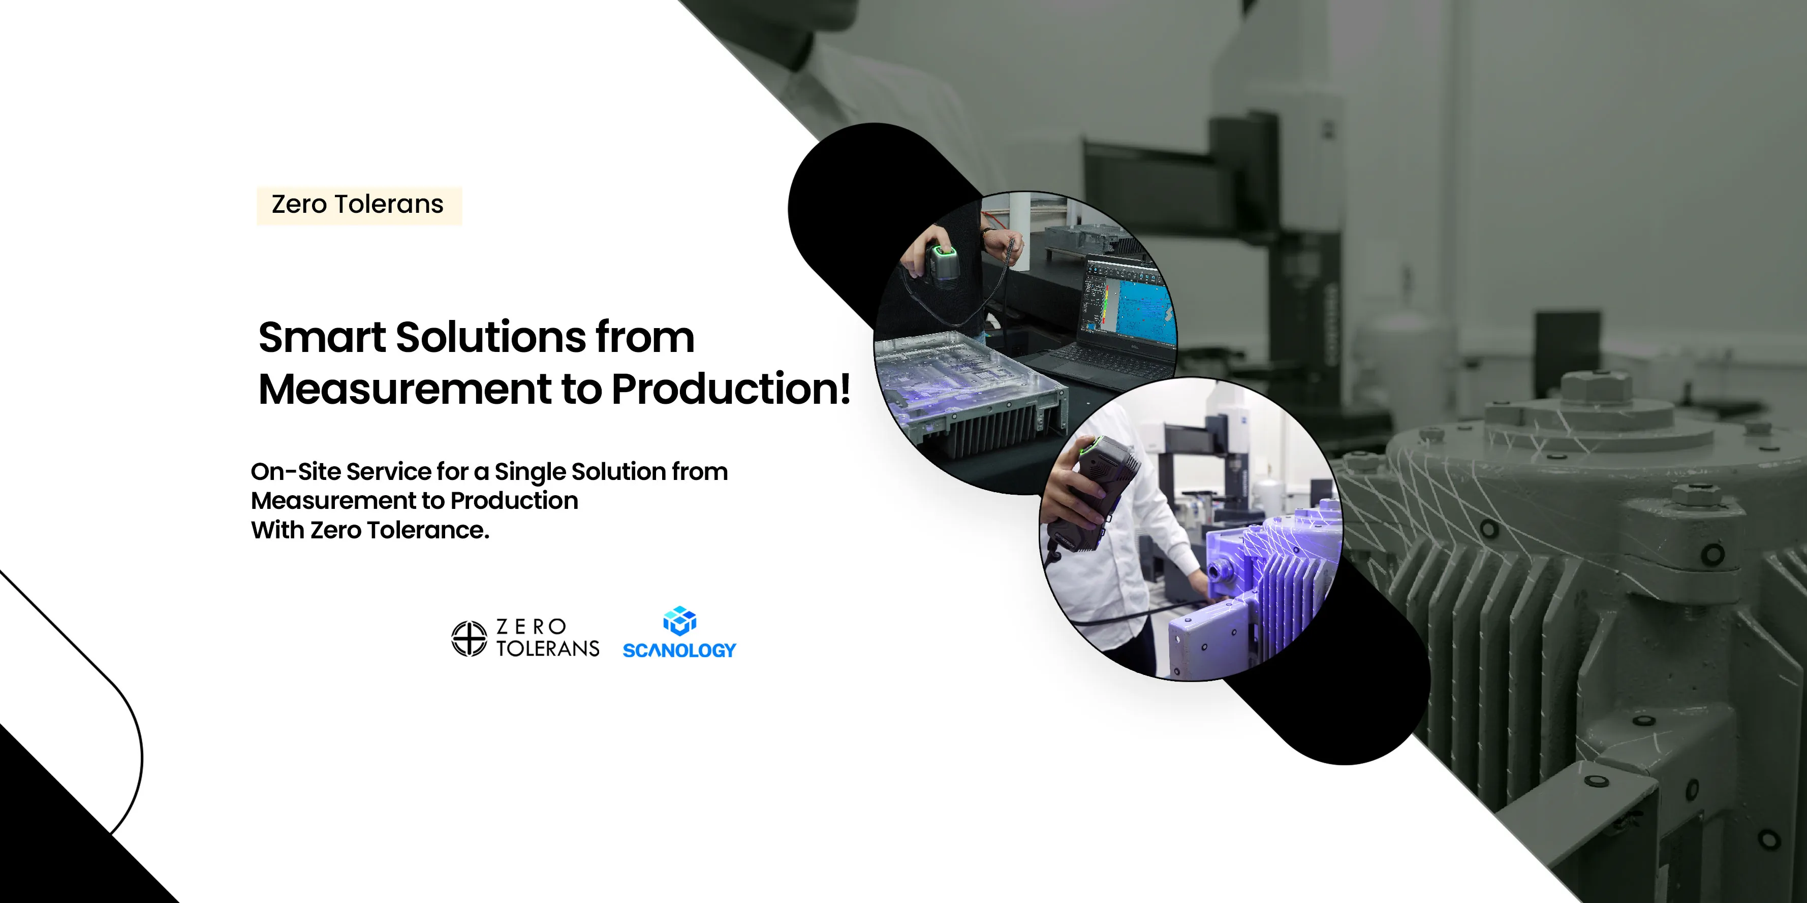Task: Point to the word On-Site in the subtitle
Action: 295,472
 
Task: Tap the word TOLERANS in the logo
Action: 548,649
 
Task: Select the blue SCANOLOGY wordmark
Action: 679,651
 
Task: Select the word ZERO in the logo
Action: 531,626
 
